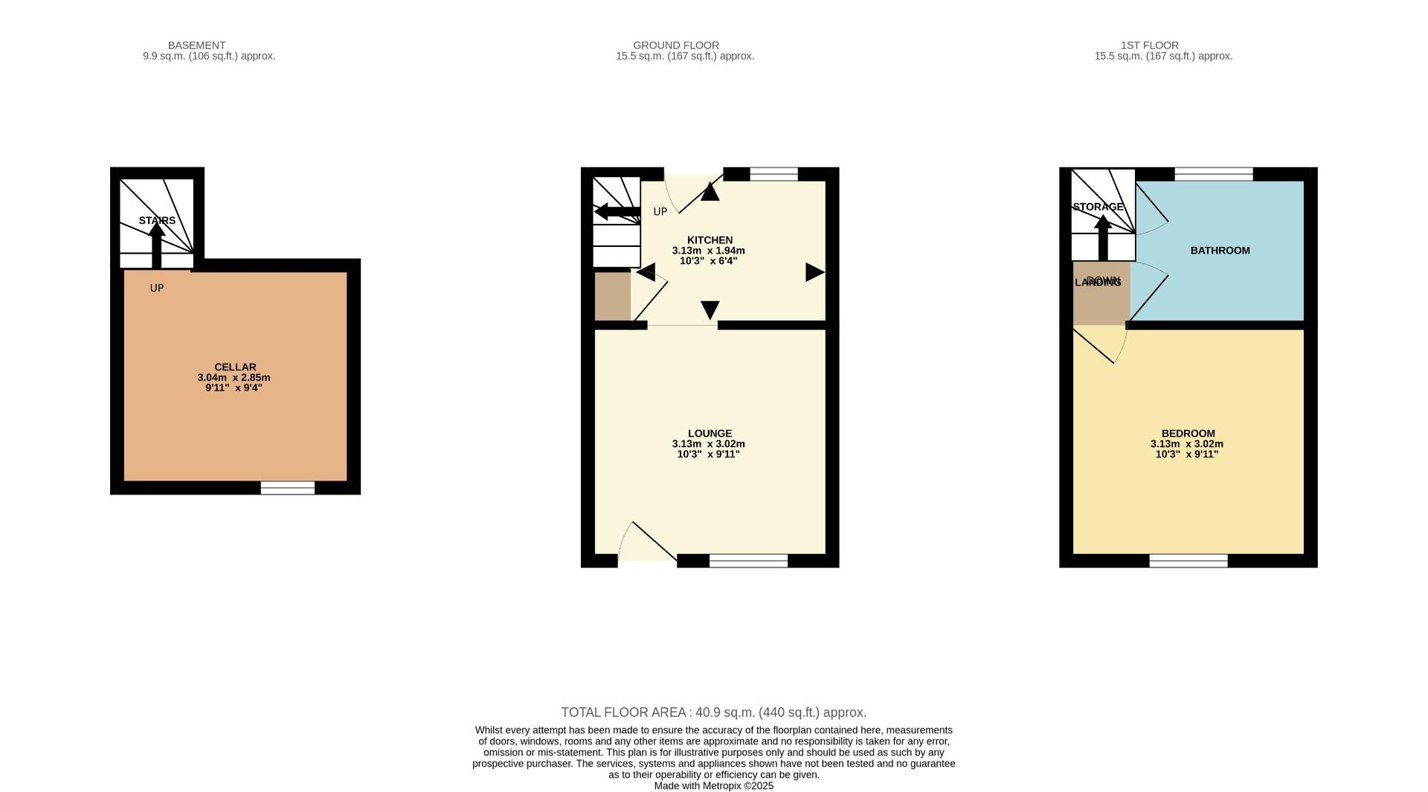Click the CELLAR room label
pos(235,367)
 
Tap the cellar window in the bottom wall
pos(287,488)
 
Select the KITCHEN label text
pos(710,240)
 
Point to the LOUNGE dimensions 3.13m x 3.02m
pos(708,444)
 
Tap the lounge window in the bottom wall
pos(748,561)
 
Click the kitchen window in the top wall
pos(773,174)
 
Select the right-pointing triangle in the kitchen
pos(814,272)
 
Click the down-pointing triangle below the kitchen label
pos(710,309)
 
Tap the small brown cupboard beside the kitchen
pos(612,297)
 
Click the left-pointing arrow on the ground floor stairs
pos(617,212)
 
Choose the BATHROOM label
pos(1220,251)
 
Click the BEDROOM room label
pos(1188,434)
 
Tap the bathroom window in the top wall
pos(1213,174)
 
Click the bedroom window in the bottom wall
pos(1188,561)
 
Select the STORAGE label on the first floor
pos(1098,207)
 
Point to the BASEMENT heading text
pos(196,45)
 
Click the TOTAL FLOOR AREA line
pos(713,712)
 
